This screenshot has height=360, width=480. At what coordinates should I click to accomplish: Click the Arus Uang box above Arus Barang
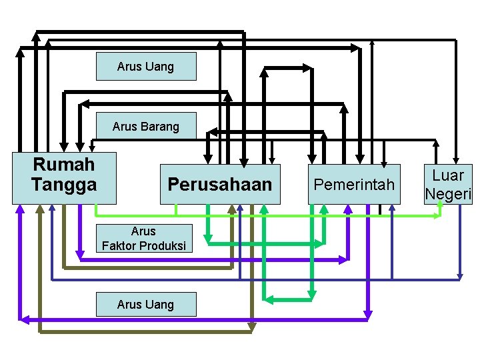coord(146,67)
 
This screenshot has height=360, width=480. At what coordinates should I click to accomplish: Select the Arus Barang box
coord(146,126)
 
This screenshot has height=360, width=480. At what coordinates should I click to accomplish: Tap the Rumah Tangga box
coord(64,177)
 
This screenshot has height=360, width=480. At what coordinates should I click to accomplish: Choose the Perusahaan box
coord(220,184)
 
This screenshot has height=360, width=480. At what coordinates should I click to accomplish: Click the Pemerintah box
coord(355,184)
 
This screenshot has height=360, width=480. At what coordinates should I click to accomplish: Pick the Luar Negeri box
coord(448,185)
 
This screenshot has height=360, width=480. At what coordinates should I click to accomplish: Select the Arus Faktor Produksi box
coord(143,239)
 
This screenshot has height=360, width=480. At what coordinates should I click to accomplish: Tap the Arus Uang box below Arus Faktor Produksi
coord(146,304)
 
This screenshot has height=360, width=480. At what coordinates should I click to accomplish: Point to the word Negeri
coord(448,194)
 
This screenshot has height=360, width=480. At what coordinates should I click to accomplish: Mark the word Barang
coord(159,126)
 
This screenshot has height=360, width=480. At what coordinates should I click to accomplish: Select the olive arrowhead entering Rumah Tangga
coord(39,209)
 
